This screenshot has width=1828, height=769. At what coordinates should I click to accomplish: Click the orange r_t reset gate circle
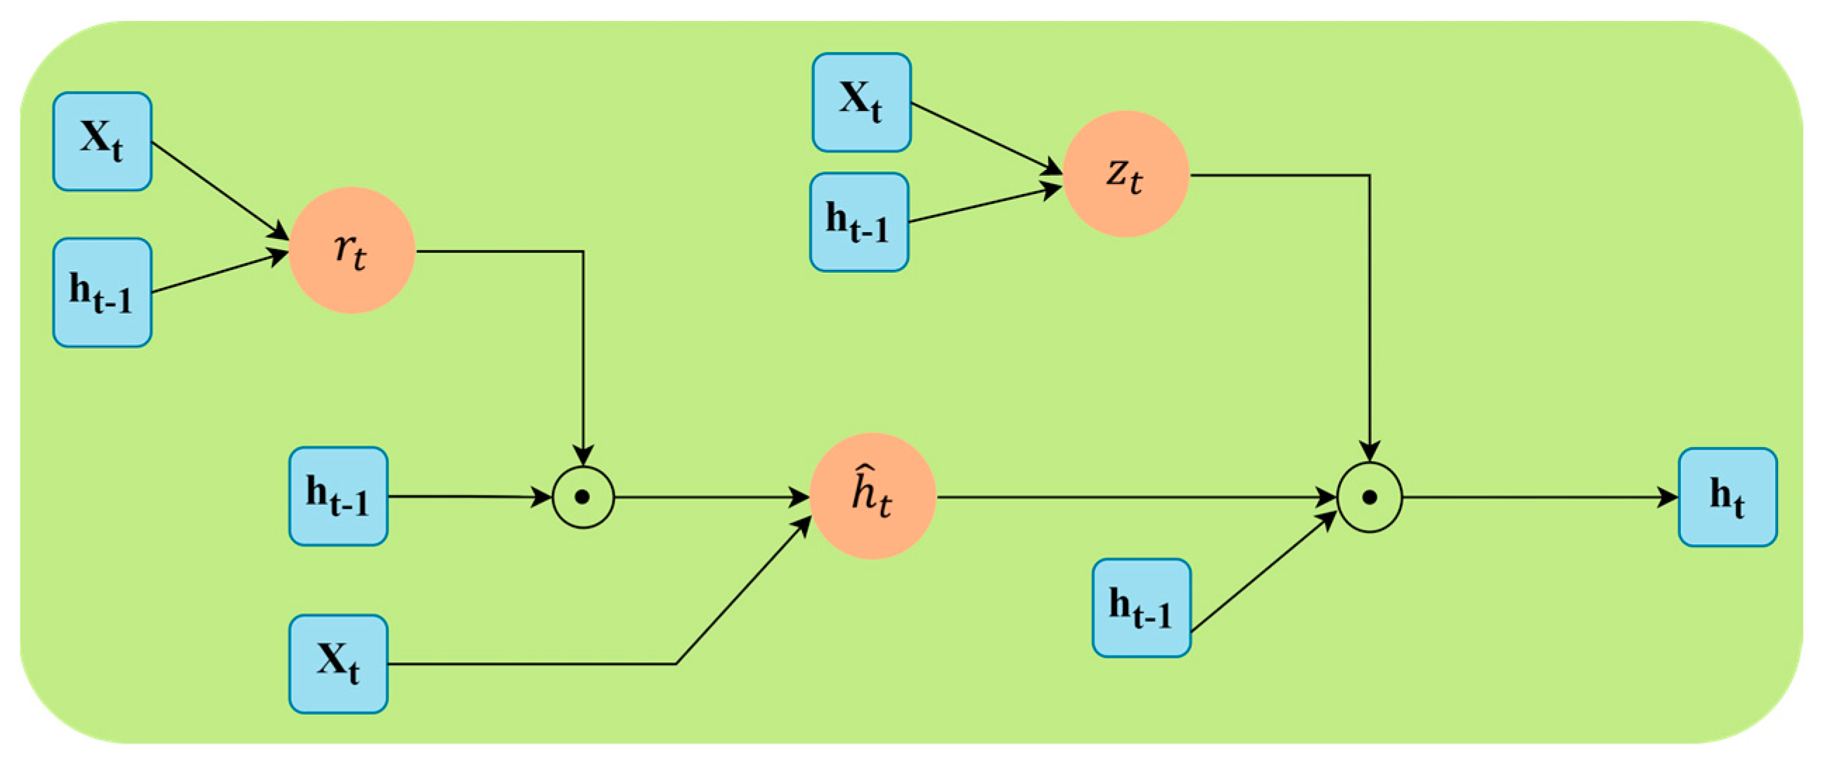(352, 250)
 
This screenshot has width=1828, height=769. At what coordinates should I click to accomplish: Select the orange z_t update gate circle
(1126, 174)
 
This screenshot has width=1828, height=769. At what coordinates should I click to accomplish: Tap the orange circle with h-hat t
(873, 496)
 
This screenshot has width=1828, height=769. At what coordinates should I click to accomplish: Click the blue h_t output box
(1727, 497)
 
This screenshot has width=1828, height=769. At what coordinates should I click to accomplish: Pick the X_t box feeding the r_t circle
(102, 142)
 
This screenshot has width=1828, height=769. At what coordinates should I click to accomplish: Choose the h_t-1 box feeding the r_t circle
(102, 292)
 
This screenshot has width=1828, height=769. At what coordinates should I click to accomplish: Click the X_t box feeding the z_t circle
(861, 103)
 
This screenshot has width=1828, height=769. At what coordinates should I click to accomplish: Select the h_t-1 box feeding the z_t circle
(858, 222)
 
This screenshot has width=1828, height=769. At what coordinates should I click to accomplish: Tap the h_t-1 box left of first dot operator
(338, 496)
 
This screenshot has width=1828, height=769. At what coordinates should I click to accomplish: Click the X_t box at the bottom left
(338, 664)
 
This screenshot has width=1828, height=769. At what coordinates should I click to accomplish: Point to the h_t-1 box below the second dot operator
(1141, 608)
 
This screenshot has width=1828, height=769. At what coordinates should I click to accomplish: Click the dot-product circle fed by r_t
(583, 497)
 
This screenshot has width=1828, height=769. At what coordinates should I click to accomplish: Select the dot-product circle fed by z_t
(1369, 497)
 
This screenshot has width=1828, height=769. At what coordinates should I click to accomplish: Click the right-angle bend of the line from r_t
(583, 251)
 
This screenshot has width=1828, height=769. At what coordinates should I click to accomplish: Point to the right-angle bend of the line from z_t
(1369, 175)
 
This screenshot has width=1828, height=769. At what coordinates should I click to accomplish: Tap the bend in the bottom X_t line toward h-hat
(676, 664)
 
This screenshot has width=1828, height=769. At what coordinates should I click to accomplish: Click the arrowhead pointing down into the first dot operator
(583, 455)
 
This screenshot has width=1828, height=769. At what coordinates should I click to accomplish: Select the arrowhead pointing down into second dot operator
(1369, 451)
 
